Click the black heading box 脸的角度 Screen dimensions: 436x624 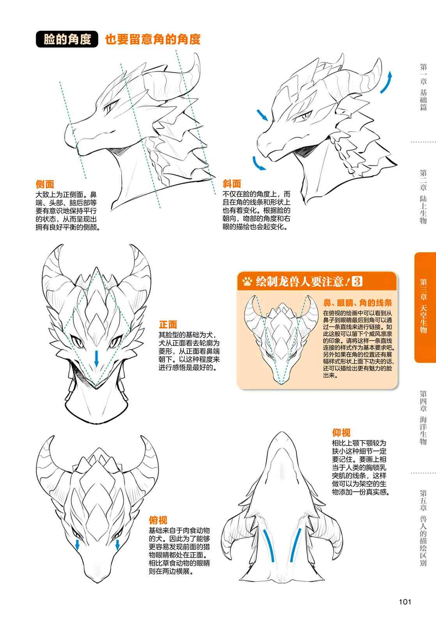[67, 39]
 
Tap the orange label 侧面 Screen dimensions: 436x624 [45, 184]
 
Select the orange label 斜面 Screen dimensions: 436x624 [232, 184]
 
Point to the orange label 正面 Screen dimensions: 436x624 [168, 324]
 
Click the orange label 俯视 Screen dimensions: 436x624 [158, 520]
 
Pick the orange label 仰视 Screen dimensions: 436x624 [341, 433]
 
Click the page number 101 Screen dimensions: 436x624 [405, 602]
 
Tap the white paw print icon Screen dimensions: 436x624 [247, 282]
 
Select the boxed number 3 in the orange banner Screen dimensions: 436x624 [357, 281]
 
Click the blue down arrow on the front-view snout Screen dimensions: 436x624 [96, 358]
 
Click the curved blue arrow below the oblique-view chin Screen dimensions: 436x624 [258, 164]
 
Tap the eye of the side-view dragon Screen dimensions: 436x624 [108, 107]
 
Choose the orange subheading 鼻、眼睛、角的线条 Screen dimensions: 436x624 [358, 303]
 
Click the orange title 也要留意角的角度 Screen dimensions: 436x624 [152, 39]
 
